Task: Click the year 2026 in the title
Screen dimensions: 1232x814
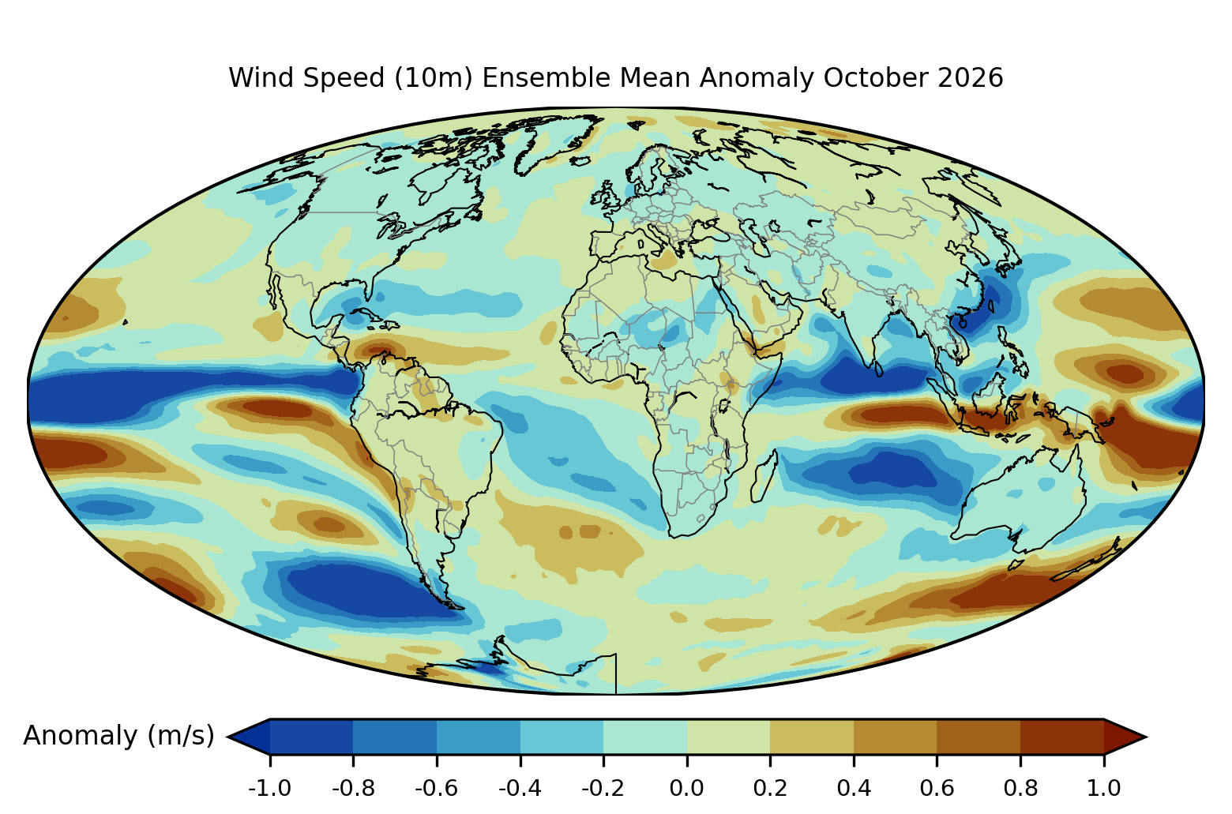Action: pos(971,77)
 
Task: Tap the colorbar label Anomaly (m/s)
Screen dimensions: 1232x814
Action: pos(118,736)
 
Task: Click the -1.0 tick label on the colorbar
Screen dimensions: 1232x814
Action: pos(269,789)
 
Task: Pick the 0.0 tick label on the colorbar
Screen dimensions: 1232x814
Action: pos(686,789)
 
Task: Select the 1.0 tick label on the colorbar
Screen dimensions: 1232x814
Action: pos(1104,789)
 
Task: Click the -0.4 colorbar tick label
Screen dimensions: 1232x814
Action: pos(520,789)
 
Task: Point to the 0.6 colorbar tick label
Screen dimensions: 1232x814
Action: pos(937,789)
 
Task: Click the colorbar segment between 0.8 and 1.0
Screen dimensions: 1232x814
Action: pos(1062,737)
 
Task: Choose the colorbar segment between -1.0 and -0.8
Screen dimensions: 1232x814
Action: pos(311,737)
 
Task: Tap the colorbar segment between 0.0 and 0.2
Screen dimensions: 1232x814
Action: pos(728,737)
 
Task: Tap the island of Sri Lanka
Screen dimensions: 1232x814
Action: pos(878,368)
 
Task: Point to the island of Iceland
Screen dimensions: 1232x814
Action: pos(580,161)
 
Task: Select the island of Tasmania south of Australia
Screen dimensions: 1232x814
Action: pos(1016,565)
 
